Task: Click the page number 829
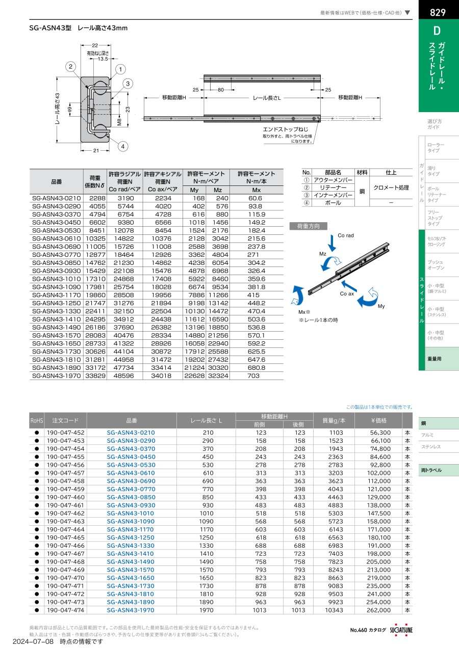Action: click(x=439, y=12)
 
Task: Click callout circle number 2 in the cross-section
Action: click(x=71, y=66)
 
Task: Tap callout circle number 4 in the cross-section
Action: click(x=122, y=147)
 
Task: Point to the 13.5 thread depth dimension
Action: click(x=103, y=59)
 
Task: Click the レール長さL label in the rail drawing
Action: click(x=267, y=97)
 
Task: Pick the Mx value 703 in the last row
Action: click(x=253, y=376)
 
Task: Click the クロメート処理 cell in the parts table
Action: click(x=391, y=187)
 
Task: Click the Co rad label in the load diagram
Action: click(x=345, y=236)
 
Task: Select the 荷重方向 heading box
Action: click(x=308, y=226)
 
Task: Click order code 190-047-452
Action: click(x=65, y=433)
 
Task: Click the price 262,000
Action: click(x=379, y=610)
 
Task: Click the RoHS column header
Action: click(x=37, y=421)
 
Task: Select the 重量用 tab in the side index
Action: click(x=435, y=359)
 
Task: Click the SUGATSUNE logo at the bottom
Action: click(x=401, y=630)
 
